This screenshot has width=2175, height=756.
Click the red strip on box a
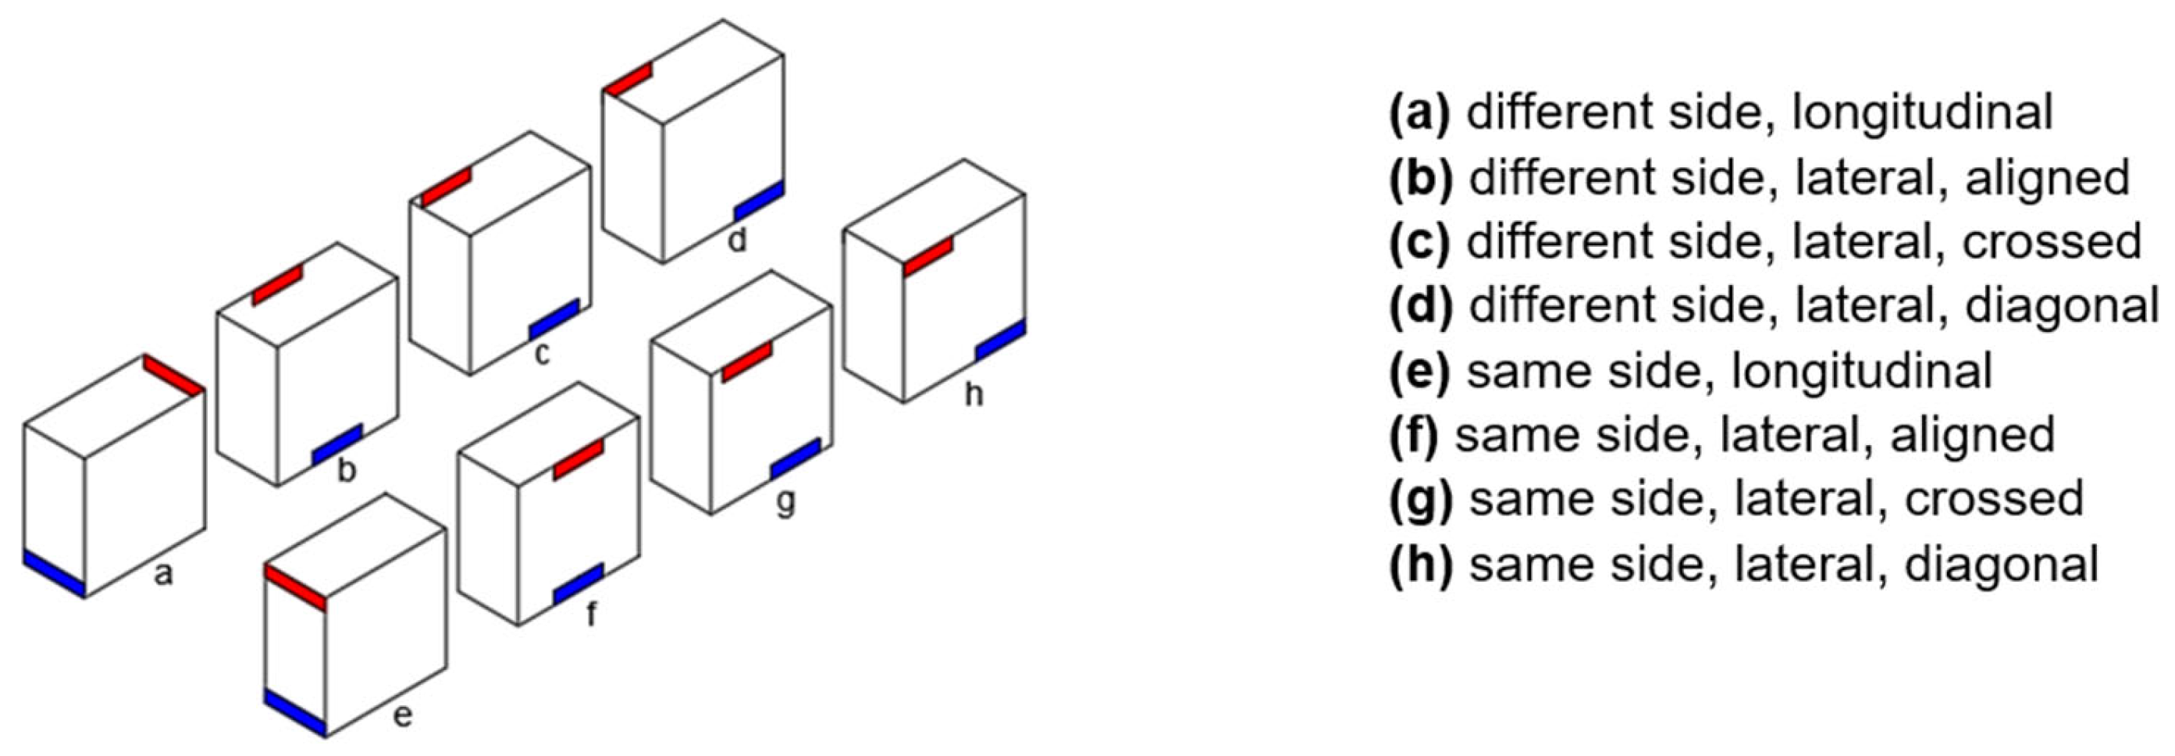point(173,375)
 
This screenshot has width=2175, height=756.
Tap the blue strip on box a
point(54,574)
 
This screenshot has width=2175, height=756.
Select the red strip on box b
point(277,286)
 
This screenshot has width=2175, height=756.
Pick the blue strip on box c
point(554,319)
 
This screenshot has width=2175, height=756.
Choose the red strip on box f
point(578,459)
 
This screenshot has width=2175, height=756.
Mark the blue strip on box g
point(795,458)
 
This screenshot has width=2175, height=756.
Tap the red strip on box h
point(928,256)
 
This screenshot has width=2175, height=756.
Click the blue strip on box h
point(1001,341)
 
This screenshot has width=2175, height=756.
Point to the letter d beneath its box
point(737,240)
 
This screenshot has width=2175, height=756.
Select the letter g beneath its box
point(785,501)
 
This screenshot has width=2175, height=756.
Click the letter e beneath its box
point(403,715)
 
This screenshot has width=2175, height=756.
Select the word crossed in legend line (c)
point(2052,242)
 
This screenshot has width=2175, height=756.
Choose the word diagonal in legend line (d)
point(2062,307)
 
